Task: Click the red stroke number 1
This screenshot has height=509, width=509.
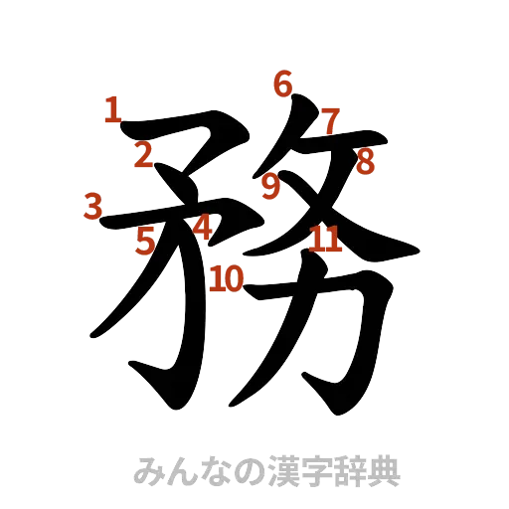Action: tap(113, 109)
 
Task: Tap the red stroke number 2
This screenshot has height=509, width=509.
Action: tap(144, 154)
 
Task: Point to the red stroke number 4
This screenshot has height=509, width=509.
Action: tap(202, 228)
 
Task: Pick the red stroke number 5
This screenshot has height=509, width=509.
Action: tap(146, 240)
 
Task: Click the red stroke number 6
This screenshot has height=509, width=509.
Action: tap(283, 85)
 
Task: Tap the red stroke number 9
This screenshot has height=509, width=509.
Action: tap(271, 183)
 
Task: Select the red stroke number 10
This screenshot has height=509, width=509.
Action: tap(228, 277)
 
